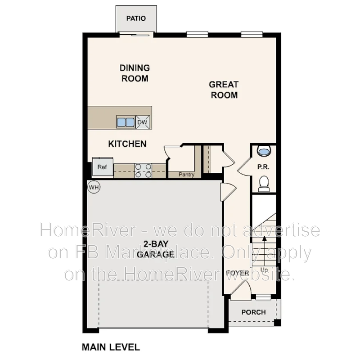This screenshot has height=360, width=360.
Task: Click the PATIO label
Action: pos(136,19)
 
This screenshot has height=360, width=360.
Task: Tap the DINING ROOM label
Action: pos(135,73)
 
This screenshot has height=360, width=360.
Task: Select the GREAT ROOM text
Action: pos(224,90)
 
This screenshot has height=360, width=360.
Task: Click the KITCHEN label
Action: pos(127,144)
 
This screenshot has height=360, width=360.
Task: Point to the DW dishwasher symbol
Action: pos(142,122)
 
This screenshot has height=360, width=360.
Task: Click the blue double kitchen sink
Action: pos(126,122)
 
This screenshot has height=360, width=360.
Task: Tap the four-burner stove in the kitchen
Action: pos(144,171)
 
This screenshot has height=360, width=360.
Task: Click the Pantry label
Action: pos(186,175)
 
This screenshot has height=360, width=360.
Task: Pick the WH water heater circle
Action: pos(94,187)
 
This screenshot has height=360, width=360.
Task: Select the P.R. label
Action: pos(263,167)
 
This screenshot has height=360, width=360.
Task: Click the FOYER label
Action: pos(237,273)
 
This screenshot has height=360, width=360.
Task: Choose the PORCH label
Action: pos(253,312)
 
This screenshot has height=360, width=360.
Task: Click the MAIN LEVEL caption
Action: pos(110,347)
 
